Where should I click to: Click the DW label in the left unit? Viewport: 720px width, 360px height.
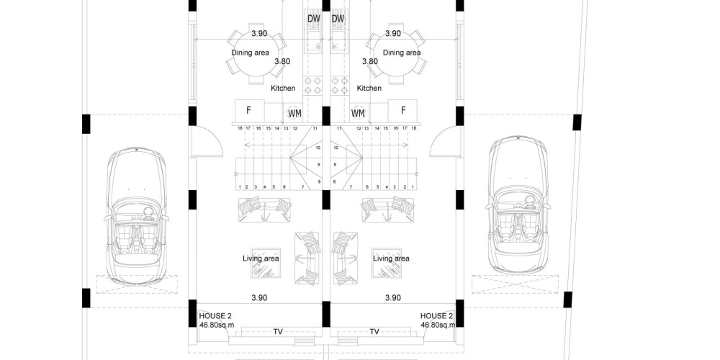[314, 19]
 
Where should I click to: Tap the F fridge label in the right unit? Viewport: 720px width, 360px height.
[403, 110]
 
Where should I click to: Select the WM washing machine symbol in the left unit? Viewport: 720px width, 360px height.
[294, 112]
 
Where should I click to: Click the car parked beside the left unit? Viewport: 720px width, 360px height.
[136, 215]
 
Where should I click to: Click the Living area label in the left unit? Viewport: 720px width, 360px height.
[261, 258]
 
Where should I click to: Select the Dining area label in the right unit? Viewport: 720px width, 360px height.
[402, 53]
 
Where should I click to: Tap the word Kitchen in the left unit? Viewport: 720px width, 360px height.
[283, 88]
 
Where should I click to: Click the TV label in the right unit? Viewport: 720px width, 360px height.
[374, 331]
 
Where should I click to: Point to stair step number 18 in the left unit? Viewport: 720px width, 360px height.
[240, 129]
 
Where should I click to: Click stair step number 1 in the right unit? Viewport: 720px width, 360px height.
[413, 187]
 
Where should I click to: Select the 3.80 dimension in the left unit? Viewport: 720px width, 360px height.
[282, 61]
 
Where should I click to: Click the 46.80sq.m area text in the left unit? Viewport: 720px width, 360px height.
[217, 325]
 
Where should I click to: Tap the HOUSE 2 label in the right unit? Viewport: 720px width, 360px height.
[437, 316]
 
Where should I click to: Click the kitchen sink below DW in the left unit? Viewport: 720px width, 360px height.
[314, 40]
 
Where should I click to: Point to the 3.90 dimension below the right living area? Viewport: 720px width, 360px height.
[393, 298]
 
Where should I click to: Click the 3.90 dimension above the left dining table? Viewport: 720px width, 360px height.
[259, 34]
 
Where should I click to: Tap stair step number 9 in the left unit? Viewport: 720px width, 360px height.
[318, 164]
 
